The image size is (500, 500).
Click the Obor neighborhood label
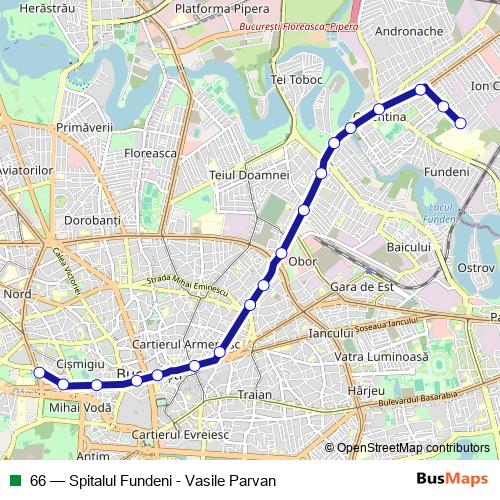tap(302, 262)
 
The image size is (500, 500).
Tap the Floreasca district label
tap(150, 153)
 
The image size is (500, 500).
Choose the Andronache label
tap(408, 31)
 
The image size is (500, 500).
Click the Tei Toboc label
tap(297, 79)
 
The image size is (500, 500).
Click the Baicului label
tap(408, 246)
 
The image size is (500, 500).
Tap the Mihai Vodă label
tap(73, 408)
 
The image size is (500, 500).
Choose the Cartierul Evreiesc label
tap(180, 435)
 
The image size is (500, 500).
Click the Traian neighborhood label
tap(255, 395)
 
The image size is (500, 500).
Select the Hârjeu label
tap(365, 390)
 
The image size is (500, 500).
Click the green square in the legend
tap(14, 481)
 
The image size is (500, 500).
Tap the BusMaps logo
tap(452, 480)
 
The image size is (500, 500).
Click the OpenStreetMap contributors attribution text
tap(413, 448)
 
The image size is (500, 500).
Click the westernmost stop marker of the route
tap(40, 373)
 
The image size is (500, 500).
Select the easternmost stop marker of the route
tap(461, 123)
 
